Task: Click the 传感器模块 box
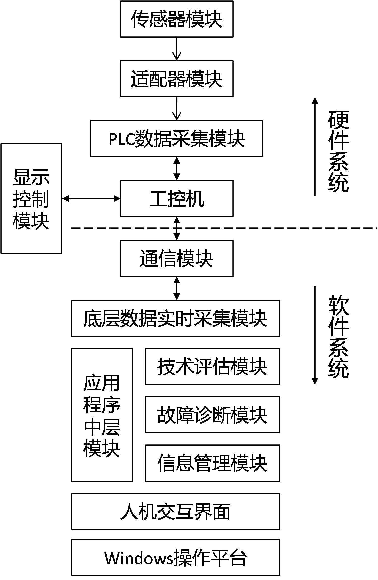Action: (x=177, y=19)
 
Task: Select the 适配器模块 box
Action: (x=177, y=79)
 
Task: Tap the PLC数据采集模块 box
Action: (x=177, y=139)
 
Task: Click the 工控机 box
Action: (x=177, y=198)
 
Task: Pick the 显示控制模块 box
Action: (x=31, y=198)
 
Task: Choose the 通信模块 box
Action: (x=177, y=258)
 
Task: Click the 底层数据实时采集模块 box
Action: (x=175, y=318)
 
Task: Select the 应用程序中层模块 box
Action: (x=102, y=415)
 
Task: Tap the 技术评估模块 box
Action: (x=212, y=366)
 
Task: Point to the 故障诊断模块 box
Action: (x=212, y=415)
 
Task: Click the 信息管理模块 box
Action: (x=212, y=463)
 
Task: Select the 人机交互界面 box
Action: (x=175, y=511)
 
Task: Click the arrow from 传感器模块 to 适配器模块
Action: (x=177, y=49)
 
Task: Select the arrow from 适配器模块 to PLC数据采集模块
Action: (x=177, y=109)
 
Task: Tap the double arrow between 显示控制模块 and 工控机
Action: (x=91, y=199)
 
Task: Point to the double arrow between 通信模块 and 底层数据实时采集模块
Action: (x=177, y=288)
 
